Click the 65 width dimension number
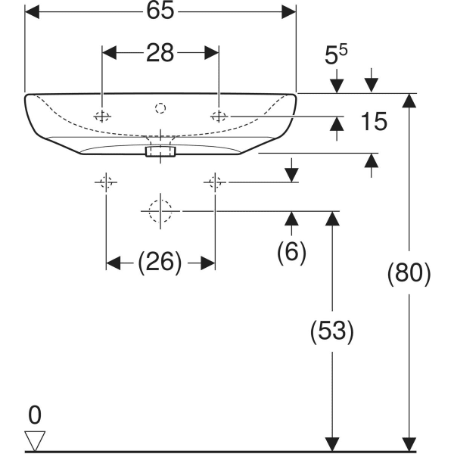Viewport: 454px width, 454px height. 160,11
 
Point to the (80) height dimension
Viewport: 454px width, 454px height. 409,273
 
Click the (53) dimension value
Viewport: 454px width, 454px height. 331,330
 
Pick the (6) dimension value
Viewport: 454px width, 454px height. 291,252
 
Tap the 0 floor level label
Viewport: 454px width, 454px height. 34,415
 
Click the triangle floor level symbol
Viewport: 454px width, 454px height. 35,440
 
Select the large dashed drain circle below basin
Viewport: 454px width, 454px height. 160,211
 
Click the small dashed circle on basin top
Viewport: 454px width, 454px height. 160,108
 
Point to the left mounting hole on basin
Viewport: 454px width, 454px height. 102,116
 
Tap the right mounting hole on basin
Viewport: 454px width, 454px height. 219,116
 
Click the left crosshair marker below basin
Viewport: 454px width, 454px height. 105,182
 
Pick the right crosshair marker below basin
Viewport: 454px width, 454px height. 215,182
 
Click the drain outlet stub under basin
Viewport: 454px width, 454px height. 160,152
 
